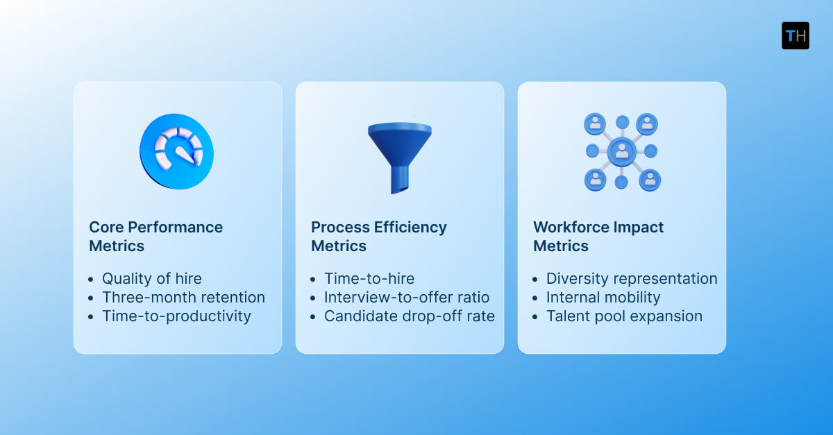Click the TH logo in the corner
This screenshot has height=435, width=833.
[x=795, y=35]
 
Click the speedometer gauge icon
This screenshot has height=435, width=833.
[x=177, y=151]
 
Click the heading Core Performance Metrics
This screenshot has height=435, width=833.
[x=155, y=237]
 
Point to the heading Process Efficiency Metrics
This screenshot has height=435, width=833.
[x=378, y=237]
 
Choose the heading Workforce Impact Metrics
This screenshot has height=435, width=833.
[x=598, y=237]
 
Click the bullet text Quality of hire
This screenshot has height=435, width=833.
[x=151, y=279]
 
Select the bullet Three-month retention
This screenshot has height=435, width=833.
[x=183, y=298]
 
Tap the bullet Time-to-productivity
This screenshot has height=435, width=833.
[x=176, y=316]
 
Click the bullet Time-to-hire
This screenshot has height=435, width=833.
[x=369, y=279]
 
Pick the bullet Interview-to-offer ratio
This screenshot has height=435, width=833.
[x=406, y=298]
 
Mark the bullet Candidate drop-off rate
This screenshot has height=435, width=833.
[x=409, y=316]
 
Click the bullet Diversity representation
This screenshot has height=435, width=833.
[x=631, y=279]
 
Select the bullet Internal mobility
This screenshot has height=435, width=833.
[x=603, y=298]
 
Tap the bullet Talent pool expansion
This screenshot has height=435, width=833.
[x=624, y=316]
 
